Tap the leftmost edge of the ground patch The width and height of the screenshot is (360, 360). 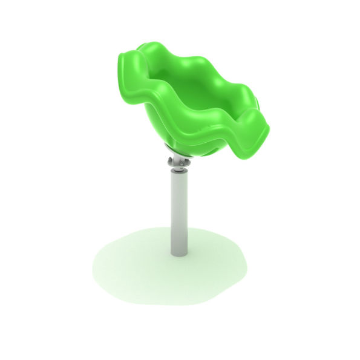tap(93, 266)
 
